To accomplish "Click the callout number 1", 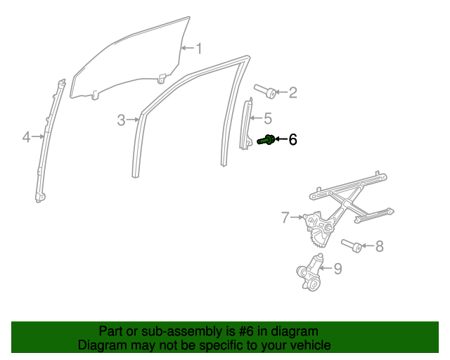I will point(199,49).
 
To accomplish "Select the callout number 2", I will point(292,92).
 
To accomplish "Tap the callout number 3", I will point(121,120).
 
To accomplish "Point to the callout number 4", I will point(26,137).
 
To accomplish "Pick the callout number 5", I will point(267,118).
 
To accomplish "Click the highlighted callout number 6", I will point(292,140).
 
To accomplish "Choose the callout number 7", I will point(285,218).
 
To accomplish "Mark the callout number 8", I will point(379,246).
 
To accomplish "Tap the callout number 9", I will point(337,268).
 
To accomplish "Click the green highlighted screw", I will point(266,140).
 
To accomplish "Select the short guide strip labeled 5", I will point(248,124).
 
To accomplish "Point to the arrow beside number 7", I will point(297,218).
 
